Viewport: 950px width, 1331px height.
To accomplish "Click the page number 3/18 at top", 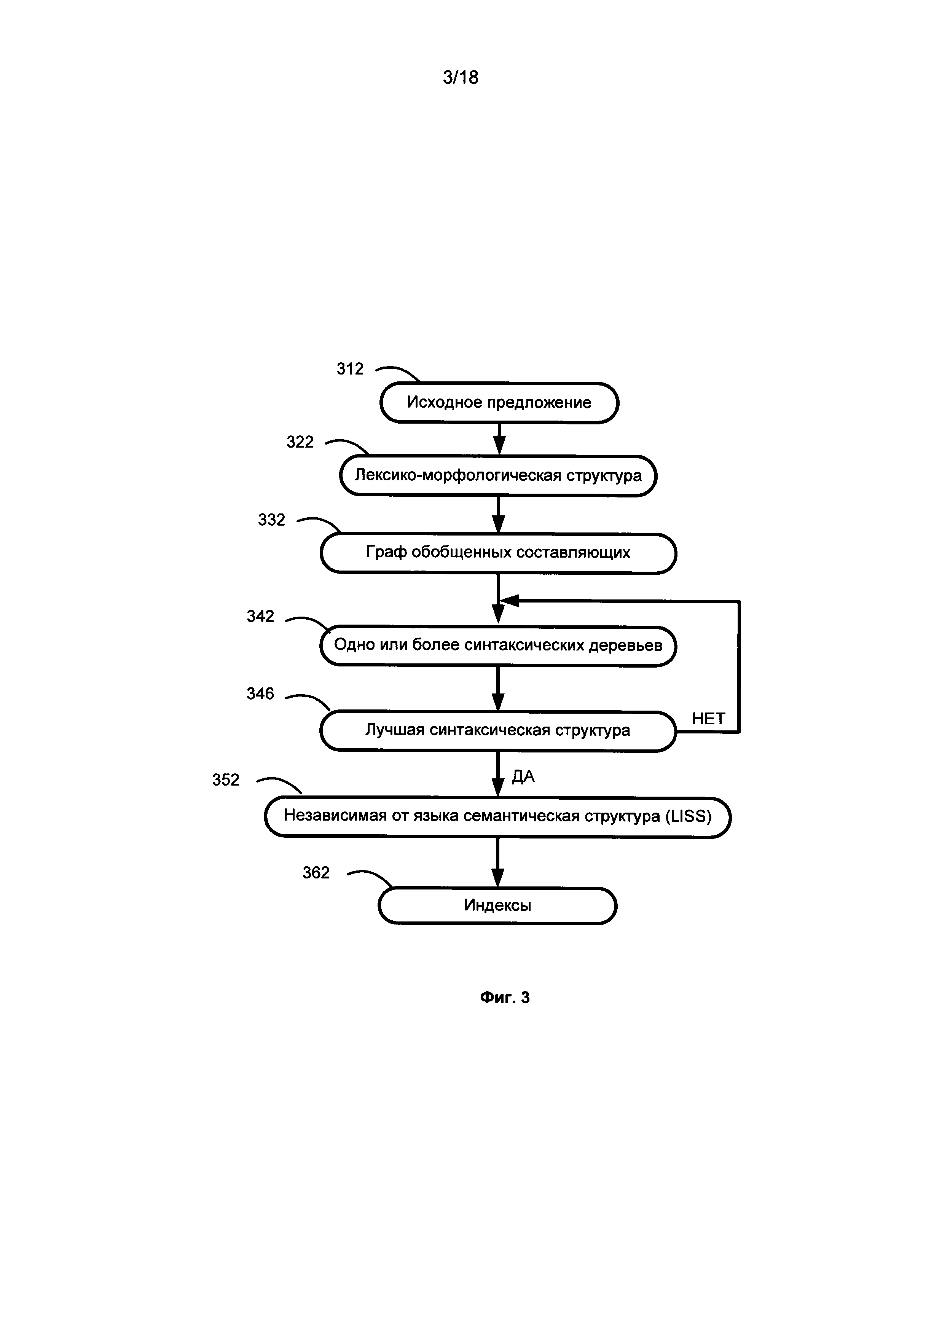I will pyautogui.click(x=461, y=77).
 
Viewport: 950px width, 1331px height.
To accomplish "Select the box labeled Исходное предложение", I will pyautogui.click(x=499, y=403).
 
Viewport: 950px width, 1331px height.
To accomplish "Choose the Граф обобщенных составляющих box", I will pyautogui.click(x=498, y=553).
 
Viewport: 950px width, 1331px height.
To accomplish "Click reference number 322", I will pyautogui.click(x=300, y=442).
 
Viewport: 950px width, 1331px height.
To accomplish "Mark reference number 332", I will pyautogui.click(x=271, y=520).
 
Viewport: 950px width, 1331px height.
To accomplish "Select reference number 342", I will pyautogui.click(x=260, y=616).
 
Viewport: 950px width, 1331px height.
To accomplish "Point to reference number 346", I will pyautogui.click(x=260, y=693).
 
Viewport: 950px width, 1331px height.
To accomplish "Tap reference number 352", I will pyautogui.click(x=226, y=780).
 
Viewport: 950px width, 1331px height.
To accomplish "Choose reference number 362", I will pyautogui.click(x=316, y=872).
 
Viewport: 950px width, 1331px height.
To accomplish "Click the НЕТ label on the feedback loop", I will pyautogui.click(x=708, y=719).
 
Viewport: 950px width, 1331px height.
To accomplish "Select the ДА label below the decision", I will pyautogui.click(x=523, y=776).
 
